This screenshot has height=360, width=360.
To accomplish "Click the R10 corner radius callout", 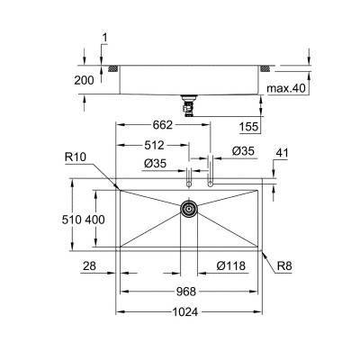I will (76, 157).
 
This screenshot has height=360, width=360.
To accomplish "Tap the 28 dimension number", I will (87, 265).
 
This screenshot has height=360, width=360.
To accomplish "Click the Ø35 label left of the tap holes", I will (155, 164).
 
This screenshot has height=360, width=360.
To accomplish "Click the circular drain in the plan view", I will (189, 208).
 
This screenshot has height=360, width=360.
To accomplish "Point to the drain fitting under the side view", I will (189, 104).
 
